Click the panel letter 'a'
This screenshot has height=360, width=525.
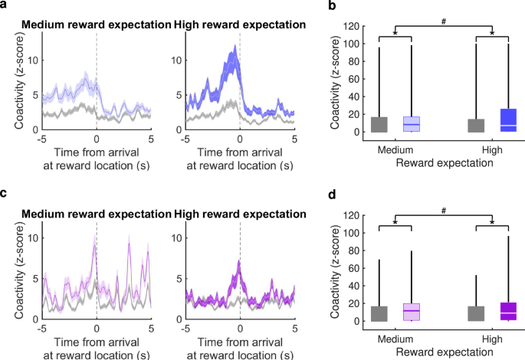(4, 5)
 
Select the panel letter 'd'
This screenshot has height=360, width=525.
(332, 195)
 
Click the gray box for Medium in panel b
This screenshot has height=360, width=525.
(379, 125)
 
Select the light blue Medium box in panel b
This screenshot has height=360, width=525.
(412, 125)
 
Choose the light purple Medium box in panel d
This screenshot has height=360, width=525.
(412, 312)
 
